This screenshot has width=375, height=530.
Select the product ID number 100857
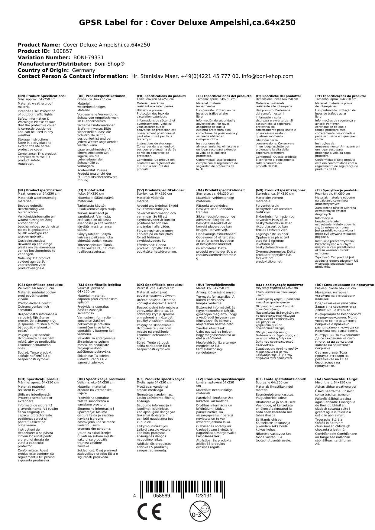pyautogui.click(x=63, y=51)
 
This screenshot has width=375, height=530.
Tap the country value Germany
pyautogui.click(x=83, y=70)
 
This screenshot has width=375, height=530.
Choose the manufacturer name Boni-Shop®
pyautogui.click(x=109, y=64)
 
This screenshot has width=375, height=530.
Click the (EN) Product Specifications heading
pyautogui.click(x=42, y=96)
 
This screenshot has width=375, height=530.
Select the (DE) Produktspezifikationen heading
pyautogui.click(x=102, y=96)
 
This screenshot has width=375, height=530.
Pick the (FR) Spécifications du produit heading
pyautogui.click(x=161, y=96)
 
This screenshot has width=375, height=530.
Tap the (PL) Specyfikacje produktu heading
pyautogui.click(x=337, y=190)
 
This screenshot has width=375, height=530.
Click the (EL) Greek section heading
pyautogui.click(x=280, y=285)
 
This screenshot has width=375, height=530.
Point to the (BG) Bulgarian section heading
pyautogui.click(x=344, y=285)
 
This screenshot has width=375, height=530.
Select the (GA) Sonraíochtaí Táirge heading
pyautogui.click(x=337, y=379)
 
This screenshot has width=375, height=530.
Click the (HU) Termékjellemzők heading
pyautogui.click(x=215, y=285)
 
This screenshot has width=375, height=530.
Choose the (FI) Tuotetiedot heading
pyautogui.click(x=91, y=190)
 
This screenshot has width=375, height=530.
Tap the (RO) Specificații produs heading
pyautogui.click(x=39, y=379)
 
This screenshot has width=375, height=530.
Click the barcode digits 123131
pyautogui.click(x=203, y=496)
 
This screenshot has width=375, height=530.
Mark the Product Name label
pyautogui.click(x=39, y=45)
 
